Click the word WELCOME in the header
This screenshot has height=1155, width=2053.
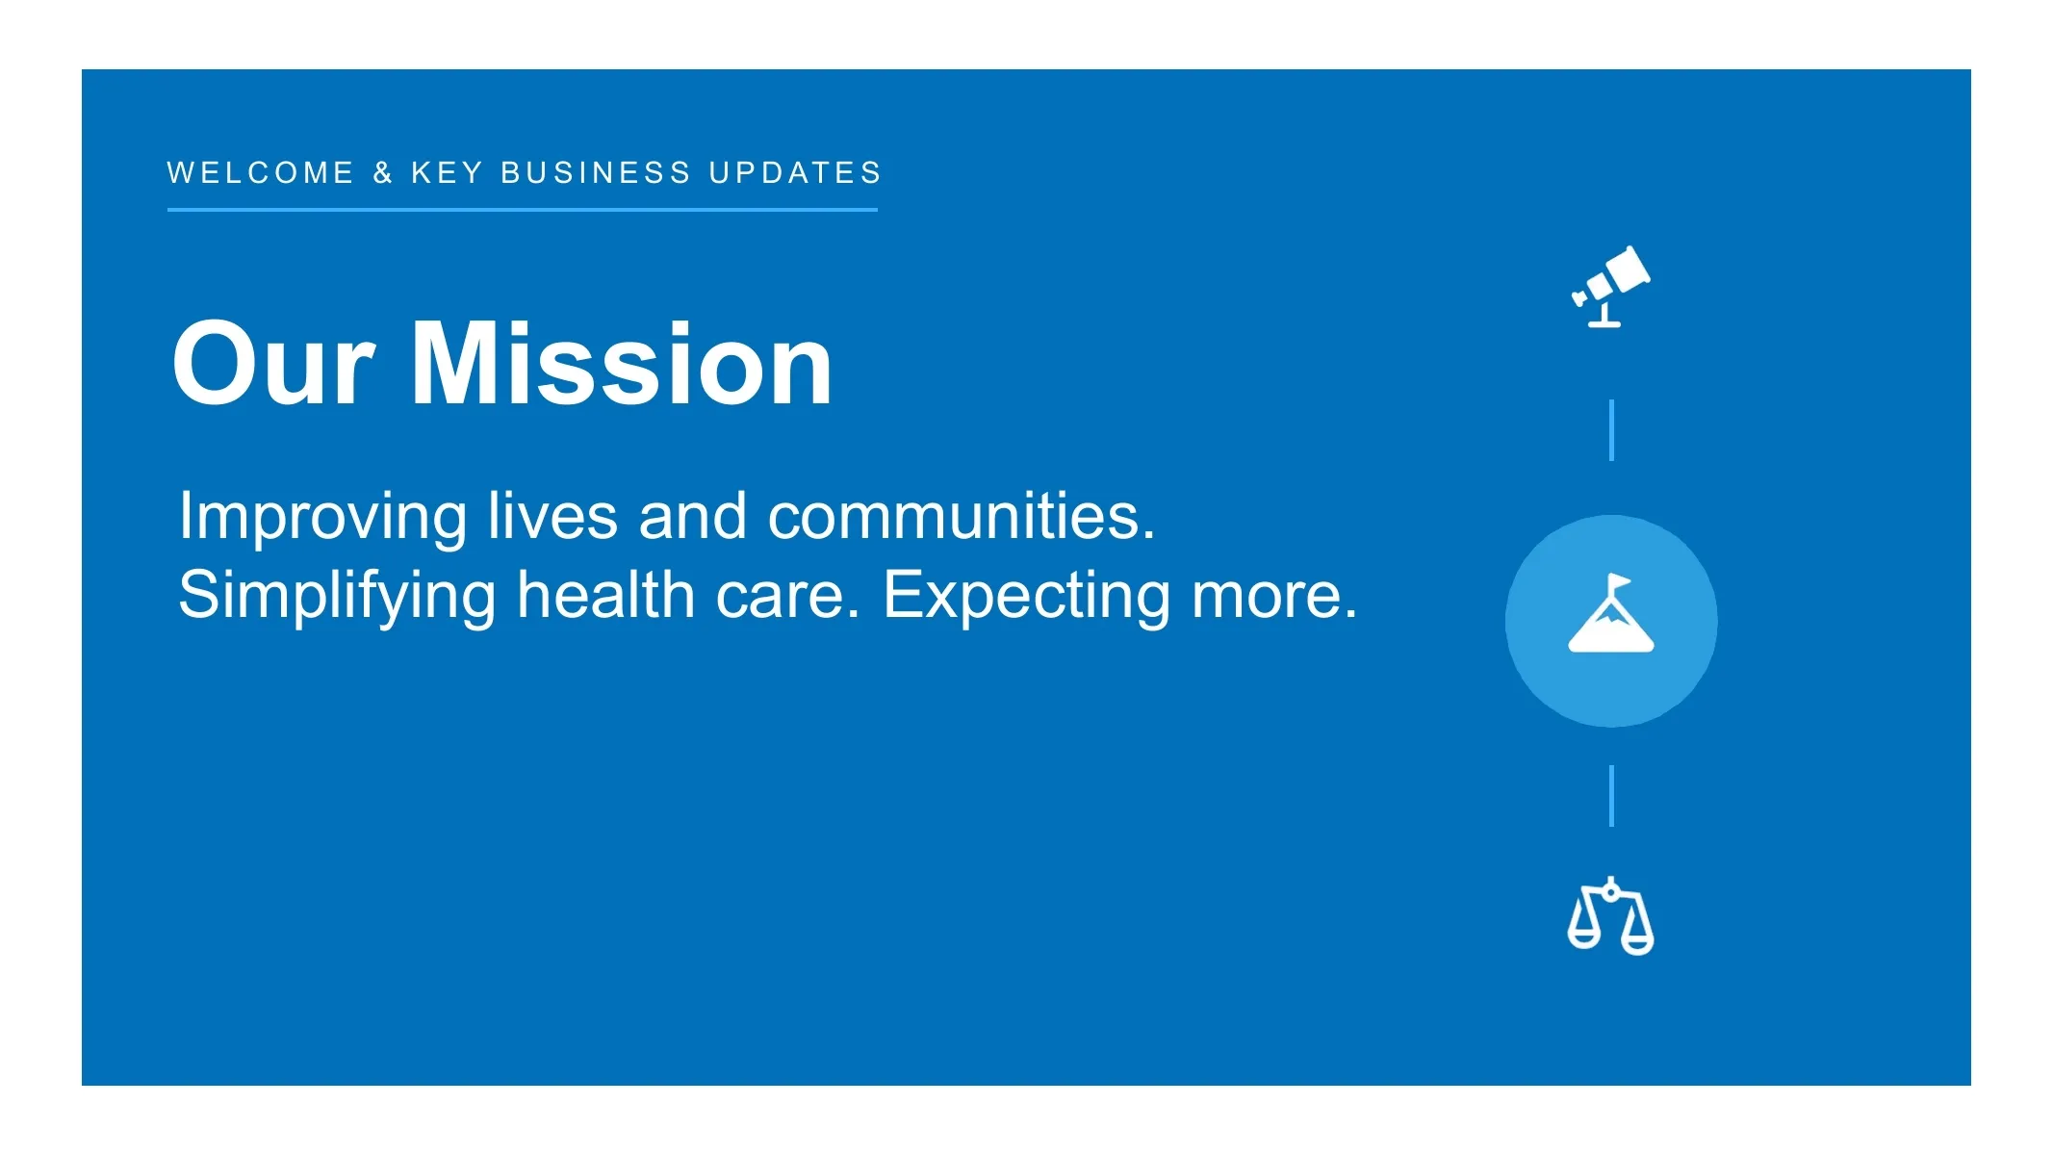click(x=261, y=173)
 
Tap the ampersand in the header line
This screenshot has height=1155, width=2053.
click(x=383, y=173)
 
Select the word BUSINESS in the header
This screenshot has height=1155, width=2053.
click(x=596, y=173)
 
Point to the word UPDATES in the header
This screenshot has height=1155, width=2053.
click(x=795, y=173)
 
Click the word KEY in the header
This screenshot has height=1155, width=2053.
click(x=447, y=173)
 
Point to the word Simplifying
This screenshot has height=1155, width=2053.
click(x=337, y=598)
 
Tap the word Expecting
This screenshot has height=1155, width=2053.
click(x=1027, y=598)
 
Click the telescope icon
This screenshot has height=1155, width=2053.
click(x=1610, y=286)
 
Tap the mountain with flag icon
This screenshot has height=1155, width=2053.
click(x=1611, y=614)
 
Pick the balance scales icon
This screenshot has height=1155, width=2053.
click(x=1611, y=915)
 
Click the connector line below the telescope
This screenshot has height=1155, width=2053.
click(x=1611, y=430)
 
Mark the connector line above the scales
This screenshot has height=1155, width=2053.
click(x=1611, y=796)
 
